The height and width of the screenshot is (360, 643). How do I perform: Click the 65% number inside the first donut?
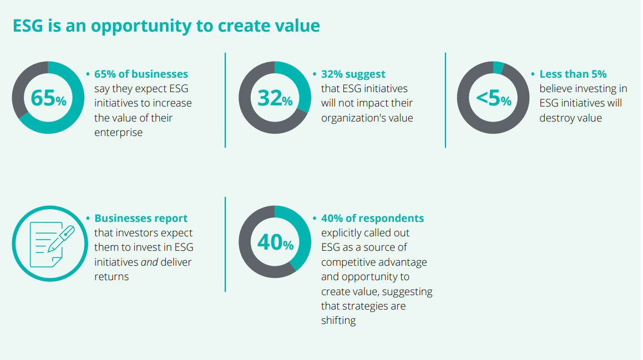(x=48, y=98)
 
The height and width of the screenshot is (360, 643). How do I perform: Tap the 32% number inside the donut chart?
(x=275, y=98)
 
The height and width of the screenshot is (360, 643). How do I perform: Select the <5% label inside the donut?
(x=493, y=98)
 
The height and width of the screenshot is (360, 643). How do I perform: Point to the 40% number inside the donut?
(x=275, y=242)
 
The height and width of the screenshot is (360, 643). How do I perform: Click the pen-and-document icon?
(x=48, y=242)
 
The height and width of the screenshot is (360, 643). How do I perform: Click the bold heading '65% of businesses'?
(x=141, y=74)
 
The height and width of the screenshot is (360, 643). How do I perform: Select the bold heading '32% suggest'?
(x=353, y=74)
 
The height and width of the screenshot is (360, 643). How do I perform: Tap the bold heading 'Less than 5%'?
(x=573, y=74)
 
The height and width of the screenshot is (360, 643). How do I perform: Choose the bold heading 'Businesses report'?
(x=141, y=219)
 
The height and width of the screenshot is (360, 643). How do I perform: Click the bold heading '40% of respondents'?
(x=372, y=219)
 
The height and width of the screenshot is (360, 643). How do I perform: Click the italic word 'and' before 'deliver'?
(x=149, y=262)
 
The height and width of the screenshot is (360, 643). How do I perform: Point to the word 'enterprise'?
(x=118, y=133)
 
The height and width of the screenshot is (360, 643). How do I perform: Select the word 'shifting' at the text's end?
(x=338, y=321)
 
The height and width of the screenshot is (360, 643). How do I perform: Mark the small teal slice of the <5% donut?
(x=498, y=68)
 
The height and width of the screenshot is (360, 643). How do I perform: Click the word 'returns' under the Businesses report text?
(x=112, y=276)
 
